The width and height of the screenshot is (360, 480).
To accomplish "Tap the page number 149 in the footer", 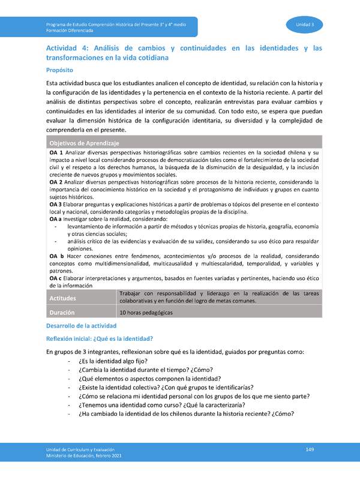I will click(310, 450).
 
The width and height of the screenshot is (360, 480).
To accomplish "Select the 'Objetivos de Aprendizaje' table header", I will click(84, 143).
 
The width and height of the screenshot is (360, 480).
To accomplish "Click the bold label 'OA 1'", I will click(56, 154).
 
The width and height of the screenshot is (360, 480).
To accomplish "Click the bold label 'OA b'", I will click(56, 256).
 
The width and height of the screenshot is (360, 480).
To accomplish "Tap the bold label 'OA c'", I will click(56, 278).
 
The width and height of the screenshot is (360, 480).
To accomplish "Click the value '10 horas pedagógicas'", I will click(146, 313).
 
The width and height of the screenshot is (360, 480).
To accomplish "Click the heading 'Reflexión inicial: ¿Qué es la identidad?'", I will click(99, 338).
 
